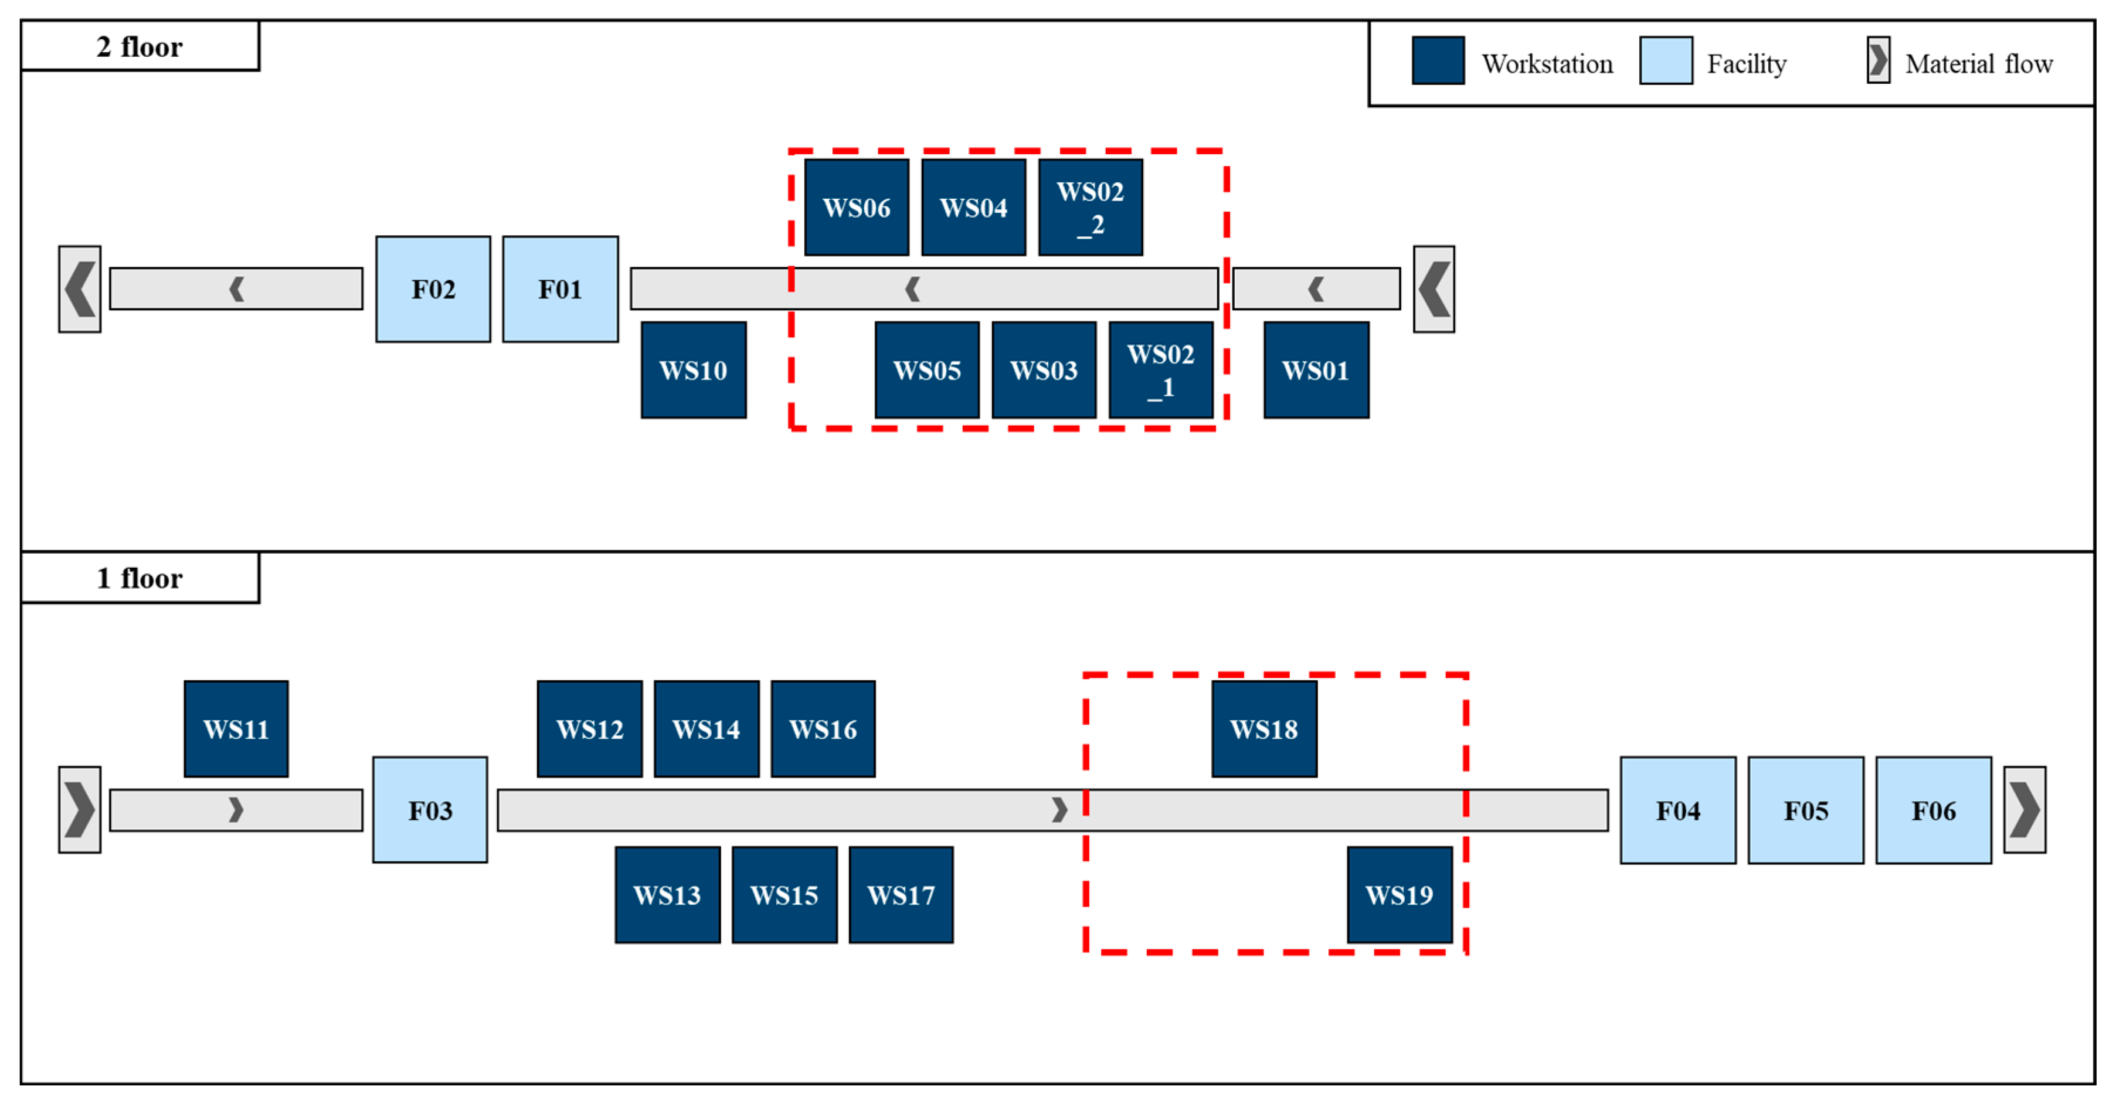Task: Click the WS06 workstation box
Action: click(x=856, y=207)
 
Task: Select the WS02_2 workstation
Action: click(x=1090, y=207)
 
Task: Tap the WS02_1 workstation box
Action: click(x=1161, y=369)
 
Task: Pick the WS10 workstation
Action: click(x=693, y=369)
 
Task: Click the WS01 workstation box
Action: click(x=1316, y=369)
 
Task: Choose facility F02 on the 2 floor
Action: click(x=433, y=289)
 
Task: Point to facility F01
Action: click(x=560, y=289)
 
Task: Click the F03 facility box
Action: click(x=430, y=810)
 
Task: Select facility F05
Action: click(x=1805, y=810)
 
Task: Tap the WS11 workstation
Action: click(x=236, y=728)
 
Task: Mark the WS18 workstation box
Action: click(x=1264, y=728)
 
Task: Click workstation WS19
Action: click(x=1399, y=894)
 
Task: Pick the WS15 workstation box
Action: click(x=784, y=894)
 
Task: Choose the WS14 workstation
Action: click(x=707, y=728)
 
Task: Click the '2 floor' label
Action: click(x=140, y=47)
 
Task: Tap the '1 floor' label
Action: click(x=140, y=578)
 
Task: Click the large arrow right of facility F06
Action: click(x=2024, y=810)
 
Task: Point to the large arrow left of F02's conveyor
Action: click(x=80, y=289)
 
